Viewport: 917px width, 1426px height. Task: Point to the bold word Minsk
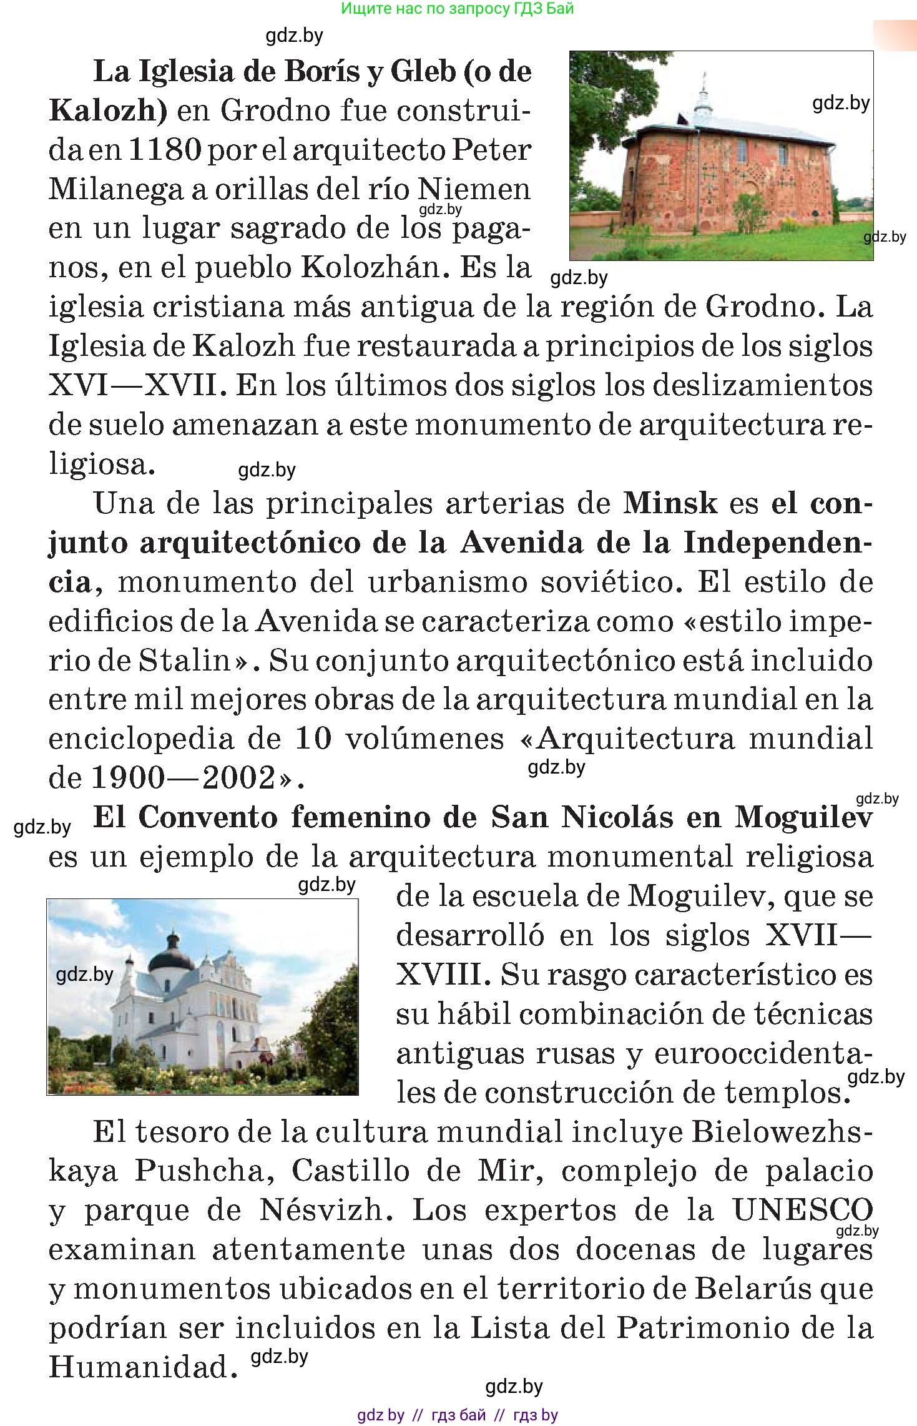pyautogui.click(x=670, y=503)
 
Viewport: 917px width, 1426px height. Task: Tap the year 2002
pyautogui.click(x=240, y=779)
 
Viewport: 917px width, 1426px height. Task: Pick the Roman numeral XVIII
pyautogui.click(x=443, y=975)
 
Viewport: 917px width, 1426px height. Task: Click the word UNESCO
pyautogui.click(x=802, y=1210)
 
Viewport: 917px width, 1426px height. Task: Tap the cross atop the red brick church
pyautogui.click(x=705, y=79)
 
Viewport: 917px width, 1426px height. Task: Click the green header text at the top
pyautogui.click(x=458, y=9)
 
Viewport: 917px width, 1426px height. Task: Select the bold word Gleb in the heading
pyautogui.click(x=423, y=72)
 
